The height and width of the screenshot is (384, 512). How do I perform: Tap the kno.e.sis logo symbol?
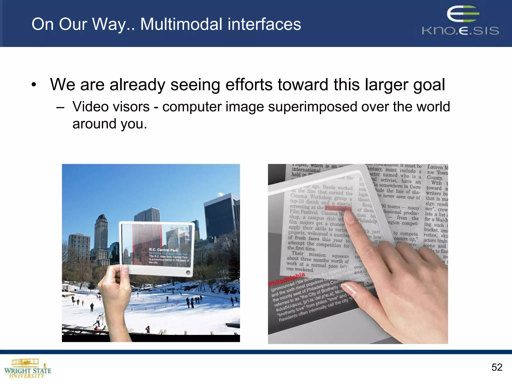coord(463,14)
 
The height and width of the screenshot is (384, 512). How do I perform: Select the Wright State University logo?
coord(27,368)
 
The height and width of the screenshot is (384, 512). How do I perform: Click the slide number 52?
coord(496,367)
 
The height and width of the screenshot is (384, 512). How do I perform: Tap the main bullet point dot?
coord(34,85)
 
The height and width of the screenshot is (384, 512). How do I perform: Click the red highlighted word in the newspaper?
coord(338,208)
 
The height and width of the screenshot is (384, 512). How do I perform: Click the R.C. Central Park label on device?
coord(163,250)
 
